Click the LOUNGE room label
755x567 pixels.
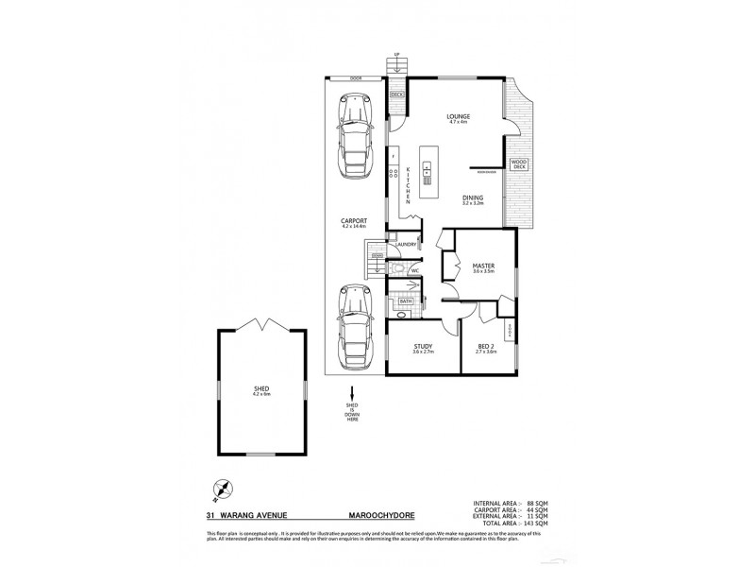[x=459, y=117]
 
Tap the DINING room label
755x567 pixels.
[x=472, y=198]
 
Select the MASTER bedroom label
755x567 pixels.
[x=484, y=267]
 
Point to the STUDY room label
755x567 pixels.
[x=422, y=347]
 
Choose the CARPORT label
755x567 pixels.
[x=353, y=223]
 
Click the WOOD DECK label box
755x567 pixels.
[x=518, y=165]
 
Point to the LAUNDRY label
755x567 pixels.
[x=406, y=244]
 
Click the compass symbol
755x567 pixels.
[x=223, y=490]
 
